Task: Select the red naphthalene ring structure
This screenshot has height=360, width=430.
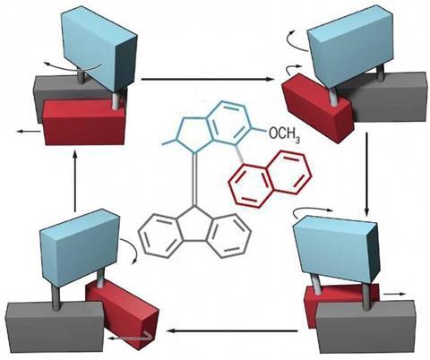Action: click(x=271, y=179)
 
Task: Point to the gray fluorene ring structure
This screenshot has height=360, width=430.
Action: click(x=194, y=233)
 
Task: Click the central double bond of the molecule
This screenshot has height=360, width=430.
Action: click(x=194, y=179)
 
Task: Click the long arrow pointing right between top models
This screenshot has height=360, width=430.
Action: click(x=207, y=79)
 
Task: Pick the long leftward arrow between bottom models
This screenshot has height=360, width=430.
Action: click(x=232, y=330)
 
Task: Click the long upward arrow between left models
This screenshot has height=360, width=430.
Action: click(x=75, y=181)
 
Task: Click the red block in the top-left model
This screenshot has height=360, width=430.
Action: click(x=84, y=122)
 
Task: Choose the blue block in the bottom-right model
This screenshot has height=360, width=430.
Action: click(x=336, y=249)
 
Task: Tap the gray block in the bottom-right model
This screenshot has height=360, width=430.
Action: click(x=366, y=328)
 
